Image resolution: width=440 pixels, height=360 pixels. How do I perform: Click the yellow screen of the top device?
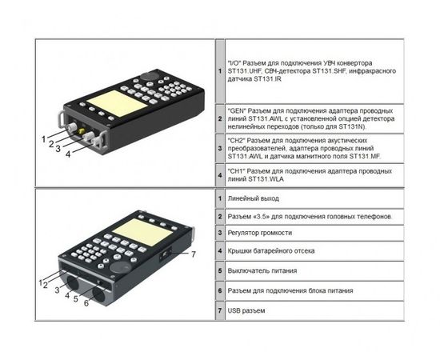pyautogui.click(x=117, y=103)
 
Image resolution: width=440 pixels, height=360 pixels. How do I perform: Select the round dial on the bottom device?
pyautogui.click(x=120, y=267)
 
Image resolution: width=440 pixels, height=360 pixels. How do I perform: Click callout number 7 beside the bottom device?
pyautogui.click(x=194, y=254)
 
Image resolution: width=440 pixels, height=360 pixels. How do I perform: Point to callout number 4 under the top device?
pyautogui.click(x=68, y=154)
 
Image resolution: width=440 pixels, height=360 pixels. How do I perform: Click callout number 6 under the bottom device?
pyautogui.click(x=86, y=303)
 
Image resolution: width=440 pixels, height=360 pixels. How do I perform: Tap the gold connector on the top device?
pyautogui.click(x=82, y=131)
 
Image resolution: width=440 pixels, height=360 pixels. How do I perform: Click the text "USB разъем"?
pyautogui.click(x=246, y=310)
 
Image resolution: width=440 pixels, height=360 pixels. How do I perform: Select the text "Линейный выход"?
pyautogui.click(x=253, y=198)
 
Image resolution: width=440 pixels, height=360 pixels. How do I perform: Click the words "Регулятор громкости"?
pyautogui.click(x=259, y=233)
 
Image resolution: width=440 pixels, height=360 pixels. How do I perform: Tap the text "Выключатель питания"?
pyautogui.click(x=262, y=270)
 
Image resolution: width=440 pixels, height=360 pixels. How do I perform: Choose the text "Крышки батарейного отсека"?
pyautogui.click(x=270, y=251)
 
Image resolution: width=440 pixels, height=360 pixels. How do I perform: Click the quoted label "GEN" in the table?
pyautogui.click(x=237, y=110)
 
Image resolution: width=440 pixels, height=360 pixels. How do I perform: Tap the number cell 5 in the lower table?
pyautogui.click(x=220, y=270)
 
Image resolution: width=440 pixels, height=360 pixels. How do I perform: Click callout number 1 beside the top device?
pyautogui.click(x=43, y=139)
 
